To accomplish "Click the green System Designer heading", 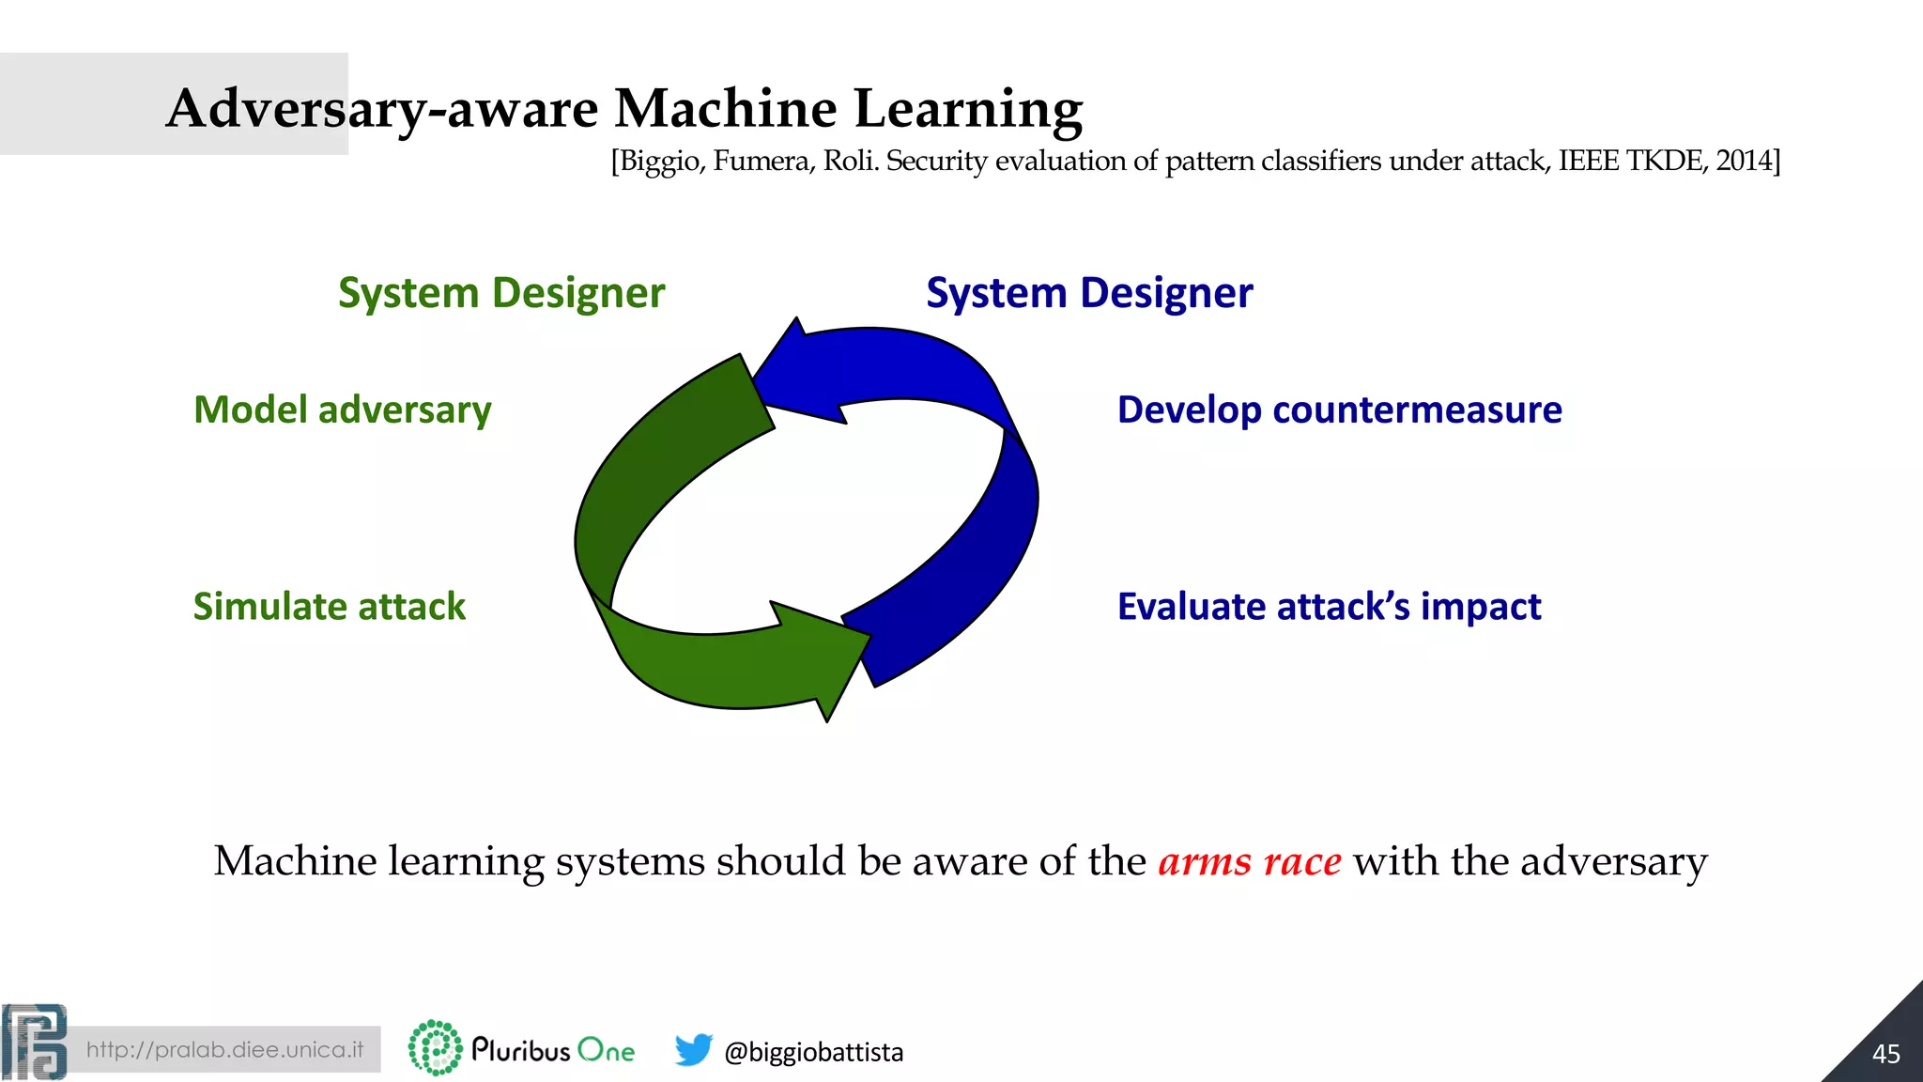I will [501, 293].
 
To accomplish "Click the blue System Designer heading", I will [1089, 293].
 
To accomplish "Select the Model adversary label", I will [342, 410].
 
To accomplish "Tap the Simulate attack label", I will [329, 607].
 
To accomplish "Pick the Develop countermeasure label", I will [1339, 410].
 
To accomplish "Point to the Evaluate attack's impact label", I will [1329, 607].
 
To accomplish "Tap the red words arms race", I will [1249, 861].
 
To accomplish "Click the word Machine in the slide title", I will [724, 108].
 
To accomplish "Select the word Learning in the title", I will [968, 110].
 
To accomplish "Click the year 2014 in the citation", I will [1744, 161].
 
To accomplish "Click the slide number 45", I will [1885, 1054].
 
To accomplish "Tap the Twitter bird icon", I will [693, 1049].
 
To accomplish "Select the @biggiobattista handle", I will [813, 1052].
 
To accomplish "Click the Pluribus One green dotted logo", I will [435, 1047].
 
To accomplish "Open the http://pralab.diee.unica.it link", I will [224, 1049].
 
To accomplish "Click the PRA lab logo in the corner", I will [35, 1042].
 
